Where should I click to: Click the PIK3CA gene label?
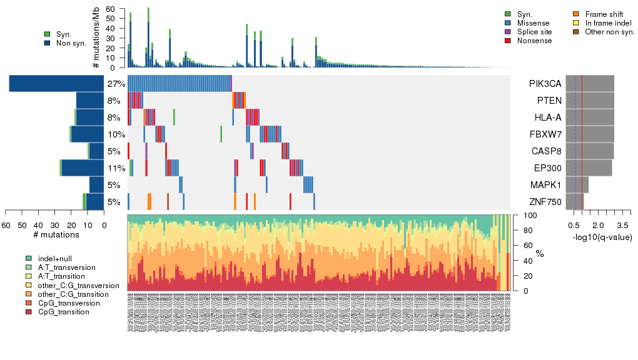tap(545, 84)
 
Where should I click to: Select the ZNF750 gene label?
tap(545, 202)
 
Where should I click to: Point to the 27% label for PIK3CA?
tap(116, 84)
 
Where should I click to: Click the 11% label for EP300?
tap(116, 168)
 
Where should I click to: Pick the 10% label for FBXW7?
tap(116, 134)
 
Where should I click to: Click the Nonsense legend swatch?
tap(508, 41)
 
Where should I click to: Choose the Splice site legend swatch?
tap(508, 32)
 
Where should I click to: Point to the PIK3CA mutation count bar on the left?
tap(56, 84)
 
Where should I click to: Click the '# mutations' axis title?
tap(54, 235)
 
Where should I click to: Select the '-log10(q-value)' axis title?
tap(602, 237)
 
